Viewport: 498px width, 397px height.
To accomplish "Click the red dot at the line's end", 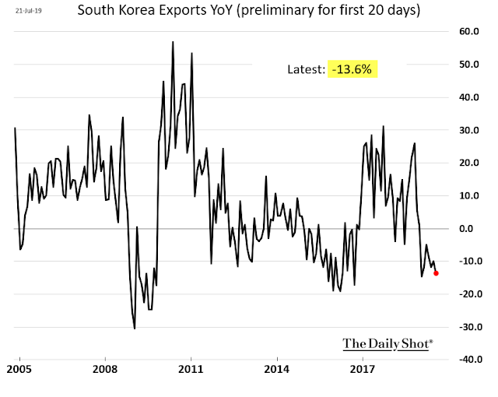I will point(436,272).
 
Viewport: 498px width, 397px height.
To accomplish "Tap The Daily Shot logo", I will point(388,343).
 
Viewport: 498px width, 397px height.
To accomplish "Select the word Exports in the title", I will point(204,12).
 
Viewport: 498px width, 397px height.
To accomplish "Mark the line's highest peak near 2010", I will point(173,41).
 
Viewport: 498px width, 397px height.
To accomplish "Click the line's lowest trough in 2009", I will point(135,328).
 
